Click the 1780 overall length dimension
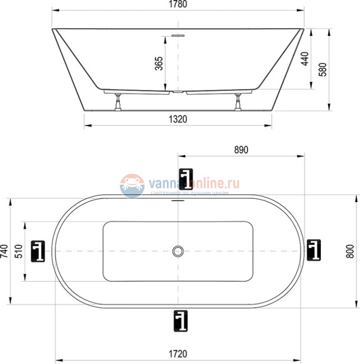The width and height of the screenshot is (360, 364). (178, 4)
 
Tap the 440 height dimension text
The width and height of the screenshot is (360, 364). (304, 59)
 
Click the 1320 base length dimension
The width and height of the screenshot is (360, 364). (178, 119)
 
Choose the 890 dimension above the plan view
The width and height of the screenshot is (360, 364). (240, 150)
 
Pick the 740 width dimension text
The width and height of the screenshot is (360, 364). (4, 251)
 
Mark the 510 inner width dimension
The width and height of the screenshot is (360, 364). (18, 251)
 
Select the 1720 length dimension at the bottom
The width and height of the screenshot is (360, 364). (178, 354)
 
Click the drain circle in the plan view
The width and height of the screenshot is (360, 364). (179, 251)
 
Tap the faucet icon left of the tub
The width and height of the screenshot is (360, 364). (38, 250)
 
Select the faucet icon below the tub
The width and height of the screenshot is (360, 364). (182, 320)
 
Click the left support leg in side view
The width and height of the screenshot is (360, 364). (118, 102)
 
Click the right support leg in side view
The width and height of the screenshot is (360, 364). (239, 102)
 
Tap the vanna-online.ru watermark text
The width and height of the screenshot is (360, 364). (194, 183)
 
